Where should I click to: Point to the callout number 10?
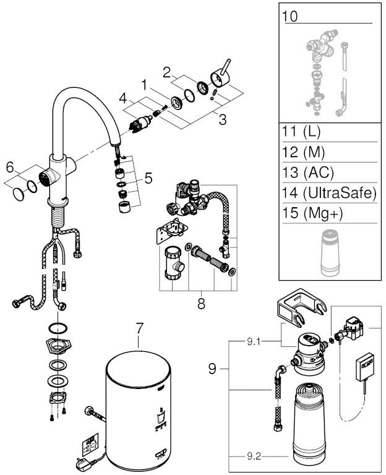coord(289,15)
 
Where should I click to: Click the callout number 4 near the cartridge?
coord(122,97)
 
